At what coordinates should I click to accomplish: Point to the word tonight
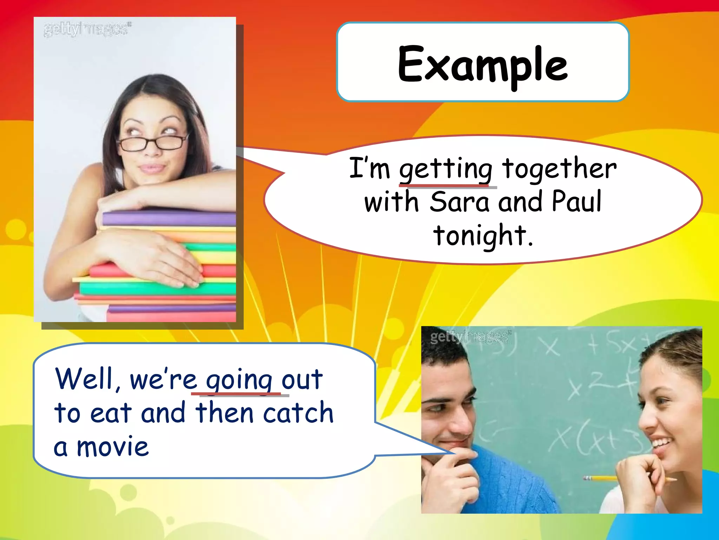(x=483, y=236)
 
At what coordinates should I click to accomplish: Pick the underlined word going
(x=239, y=381)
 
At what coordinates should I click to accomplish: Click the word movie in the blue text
(x=113, y=446)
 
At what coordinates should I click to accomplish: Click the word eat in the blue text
(x=111, y=413)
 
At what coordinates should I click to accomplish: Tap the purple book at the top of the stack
(x=169, y=219)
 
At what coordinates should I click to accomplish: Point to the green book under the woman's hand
(x=158, y=289)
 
